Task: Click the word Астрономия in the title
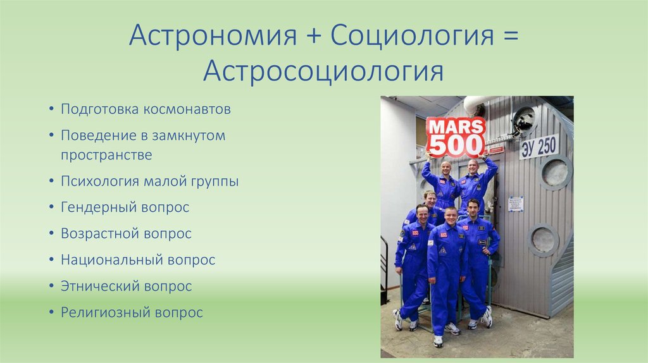point(213,36)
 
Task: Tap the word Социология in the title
point(410,36)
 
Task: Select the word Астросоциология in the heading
point(323,71)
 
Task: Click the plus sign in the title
point(313,37)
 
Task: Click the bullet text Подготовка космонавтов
point(146,109)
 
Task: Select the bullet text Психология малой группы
point(149,181)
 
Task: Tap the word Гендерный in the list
point(97,207)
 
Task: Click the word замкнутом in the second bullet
point(194,135)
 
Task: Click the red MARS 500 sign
point(455,136)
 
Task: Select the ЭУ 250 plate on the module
point(539,147)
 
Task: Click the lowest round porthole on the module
point(543,240)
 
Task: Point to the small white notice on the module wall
point(516,204)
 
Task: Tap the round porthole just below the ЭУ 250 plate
point(555,171)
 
